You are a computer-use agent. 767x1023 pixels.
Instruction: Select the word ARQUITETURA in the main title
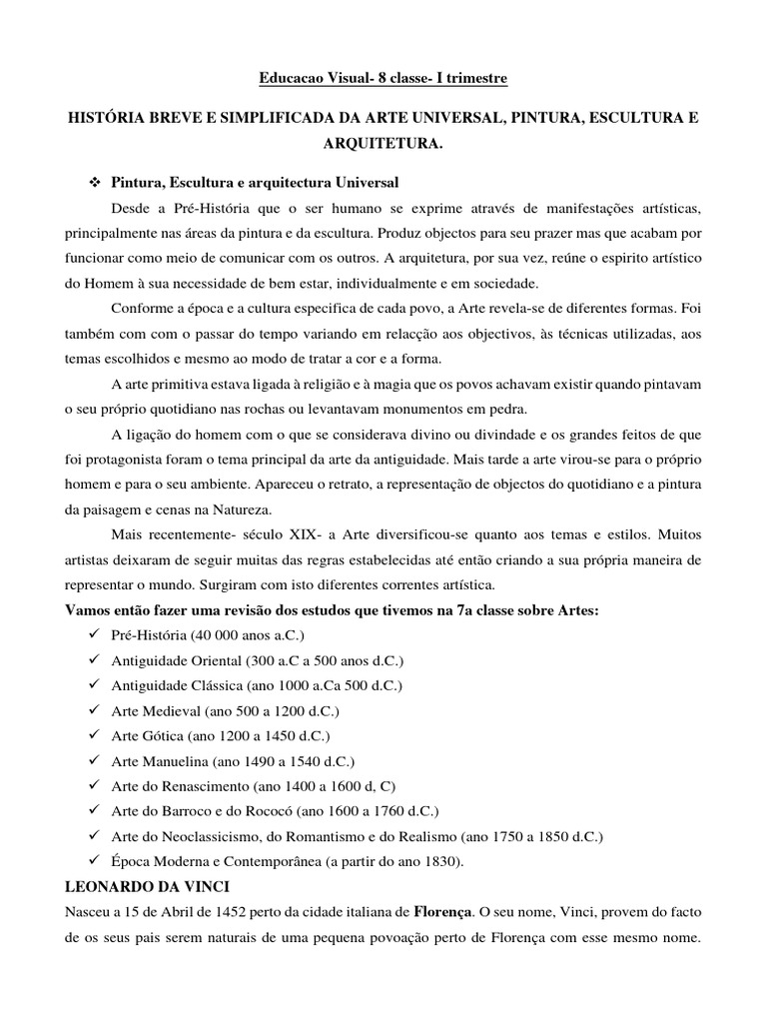(383, 145)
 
